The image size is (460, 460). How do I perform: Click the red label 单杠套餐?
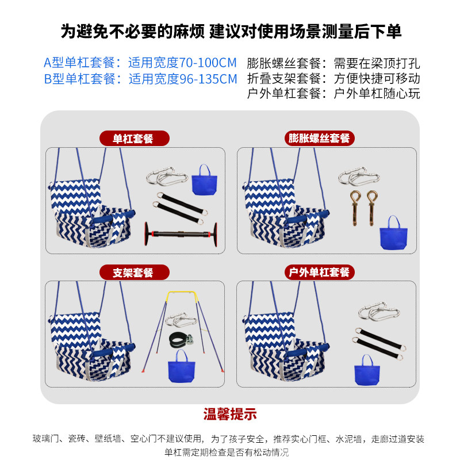(133, 139)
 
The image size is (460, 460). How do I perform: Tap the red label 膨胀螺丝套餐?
(320, 139)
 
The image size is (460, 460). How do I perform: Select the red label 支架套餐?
(133, 272)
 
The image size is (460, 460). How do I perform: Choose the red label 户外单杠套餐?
(320, 272)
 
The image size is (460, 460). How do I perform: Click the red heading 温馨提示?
(230, 413)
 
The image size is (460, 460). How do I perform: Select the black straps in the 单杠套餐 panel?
(178, 208)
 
